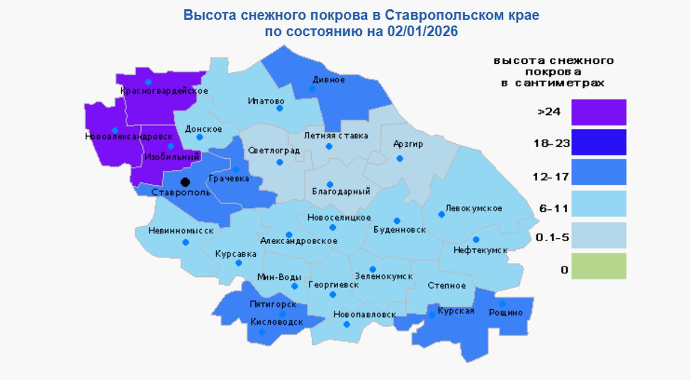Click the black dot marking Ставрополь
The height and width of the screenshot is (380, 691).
(185, 182)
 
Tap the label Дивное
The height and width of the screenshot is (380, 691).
(329, 80)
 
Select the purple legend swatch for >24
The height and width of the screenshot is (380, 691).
(599, 112)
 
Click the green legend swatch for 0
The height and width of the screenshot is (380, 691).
(599, 266)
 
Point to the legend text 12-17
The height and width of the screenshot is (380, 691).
(551, 177)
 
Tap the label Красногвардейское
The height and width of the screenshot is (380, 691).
(164, 91)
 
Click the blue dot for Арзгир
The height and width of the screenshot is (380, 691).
(399, 158)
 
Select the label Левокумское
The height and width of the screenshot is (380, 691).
(474, 208)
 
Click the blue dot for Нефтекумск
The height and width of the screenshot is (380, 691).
(476, 239)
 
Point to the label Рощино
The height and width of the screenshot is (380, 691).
(505, 313)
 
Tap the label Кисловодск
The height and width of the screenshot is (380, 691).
(277, 322)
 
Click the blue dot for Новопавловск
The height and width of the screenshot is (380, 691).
(347, 325)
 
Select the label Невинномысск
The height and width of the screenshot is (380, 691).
(181, 231)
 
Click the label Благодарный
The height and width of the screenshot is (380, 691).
(341, 191)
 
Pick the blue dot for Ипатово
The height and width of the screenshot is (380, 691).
(280, 108)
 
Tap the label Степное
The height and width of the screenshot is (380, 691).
(447, 286)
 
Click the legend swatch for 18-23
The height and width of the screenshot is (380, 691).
(599, 142)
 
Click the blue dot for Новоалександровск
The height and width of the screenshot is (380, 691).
(115, 130)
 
